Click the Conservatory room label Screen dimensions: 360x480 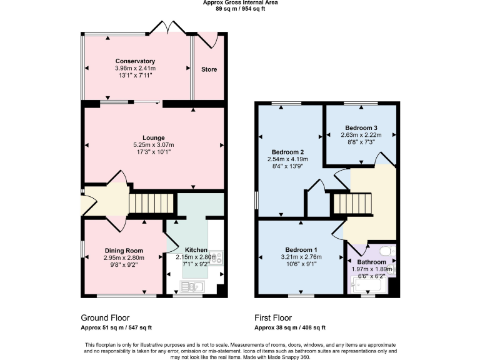point(135,61)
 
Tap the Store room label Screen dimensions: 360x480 point(209,69)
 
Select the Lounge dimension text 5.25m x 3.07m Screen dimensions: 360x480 point(153,144)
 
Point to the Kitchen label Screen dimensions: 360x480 point(196,249)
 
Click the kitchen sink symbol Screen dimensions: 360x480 point(191,287)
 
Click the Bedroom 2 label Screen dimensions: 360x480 point(287,152)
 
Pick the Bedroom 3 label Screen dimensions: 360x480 point(361,127)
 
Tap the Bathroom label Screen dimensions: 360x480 point(371,262)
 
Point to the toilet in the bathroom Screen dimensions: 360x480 point(384,252)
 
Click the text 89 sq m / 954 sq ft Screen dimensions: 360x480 point(241,9)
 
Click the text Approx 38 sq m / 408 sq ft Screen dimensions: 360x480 point(290,327)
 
